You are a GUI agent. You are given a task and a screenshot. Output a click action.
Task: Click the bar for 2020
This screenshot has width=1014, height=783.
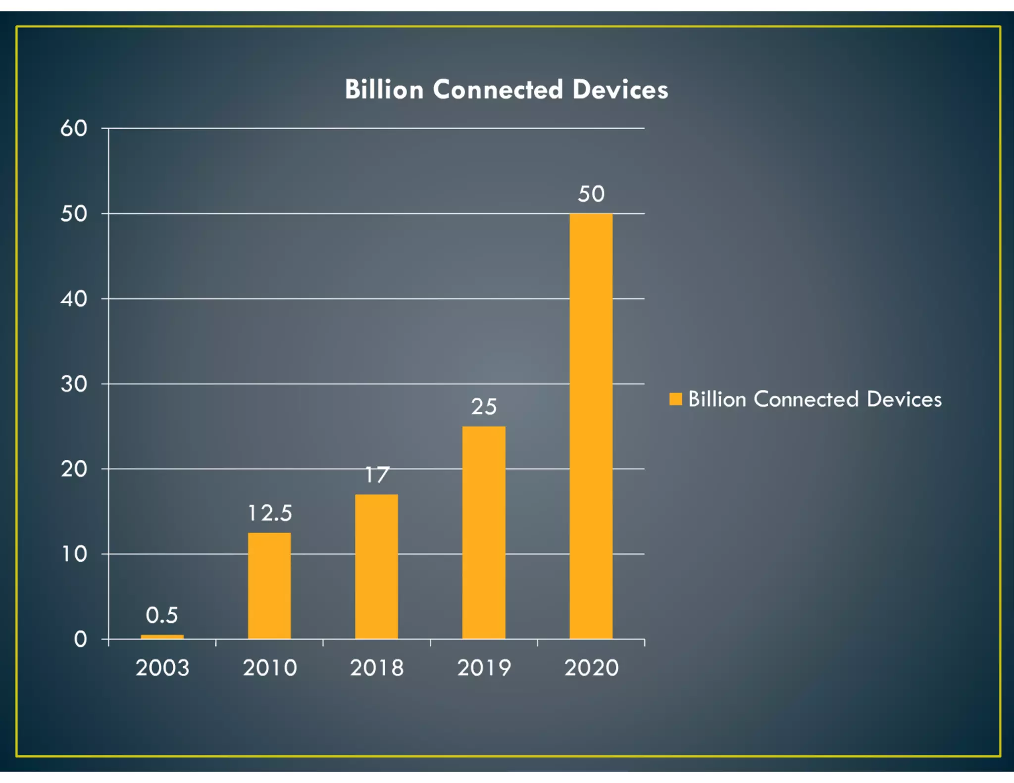pos(591,426)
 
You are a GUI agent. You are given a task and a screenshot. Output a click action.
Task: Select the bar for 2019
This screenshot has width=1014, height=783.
pos(484,532)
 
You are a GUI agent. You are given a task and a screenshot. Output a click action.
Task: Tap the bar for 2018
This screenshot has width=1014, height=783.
pos(376,566)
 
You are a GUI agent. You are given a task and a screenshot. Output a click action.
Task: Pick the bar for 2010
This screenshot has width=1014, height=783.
pos(269,586)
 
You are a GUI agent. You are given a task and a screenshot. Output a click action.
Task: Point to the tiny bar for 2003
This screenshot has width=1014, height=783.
pos(162,636)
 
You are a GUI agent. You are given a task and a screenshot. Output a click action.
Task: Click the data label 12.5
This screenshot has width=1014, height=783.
pos(270,513)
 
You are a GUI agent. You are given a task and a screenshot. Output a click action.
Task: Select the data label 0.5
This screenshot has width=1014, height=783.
pos(161,615)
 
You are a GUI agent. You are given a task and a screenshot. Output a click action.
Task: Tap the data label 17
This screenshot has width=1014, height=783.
pos(377,475)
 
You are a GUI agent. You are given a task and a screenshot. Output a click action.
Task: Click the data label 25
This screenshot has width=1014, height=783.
pos(484,407)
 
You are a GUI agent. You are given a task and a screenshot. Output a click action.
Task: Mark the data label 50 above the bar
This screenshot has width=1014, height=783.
pos(591,194)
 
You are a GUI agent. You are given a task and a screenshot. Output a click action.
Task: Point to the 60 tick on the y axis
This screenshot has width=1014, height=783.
pos(74,129)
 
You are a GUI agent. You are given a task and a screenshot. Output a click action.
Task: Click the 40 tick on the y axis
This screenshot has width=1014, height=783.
pos(74,299)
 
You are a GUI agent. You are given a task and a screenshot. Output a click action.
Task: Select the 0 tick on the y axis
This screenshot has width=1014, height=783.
pos(80,639)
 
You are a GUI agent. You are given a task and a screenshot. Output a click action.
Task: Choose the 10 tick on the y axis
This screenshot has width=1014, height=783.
pos(74,554)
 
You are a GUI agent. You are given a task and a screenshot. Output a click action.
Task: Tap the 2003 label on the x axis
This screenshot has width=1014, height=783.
pos(162,668)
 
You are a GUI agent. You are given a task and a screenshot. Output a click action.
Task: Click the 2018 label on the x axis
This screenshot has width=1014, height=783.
pos(377,668)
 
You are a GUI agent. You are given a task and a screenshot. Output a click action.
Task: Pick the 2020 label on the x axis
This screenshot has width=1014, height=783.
pos(591,668)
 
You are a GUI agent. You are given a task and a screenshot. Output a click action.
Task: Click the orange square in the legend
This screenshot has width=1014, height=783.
pos(675,399)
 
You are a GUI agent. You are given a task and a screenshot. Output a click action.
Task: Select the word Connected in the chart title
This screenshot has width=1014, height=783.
pos(498,90)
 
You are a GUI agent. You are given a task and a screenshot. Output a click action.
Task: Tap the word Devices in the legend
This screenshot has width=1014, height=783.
pos(904,399)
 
